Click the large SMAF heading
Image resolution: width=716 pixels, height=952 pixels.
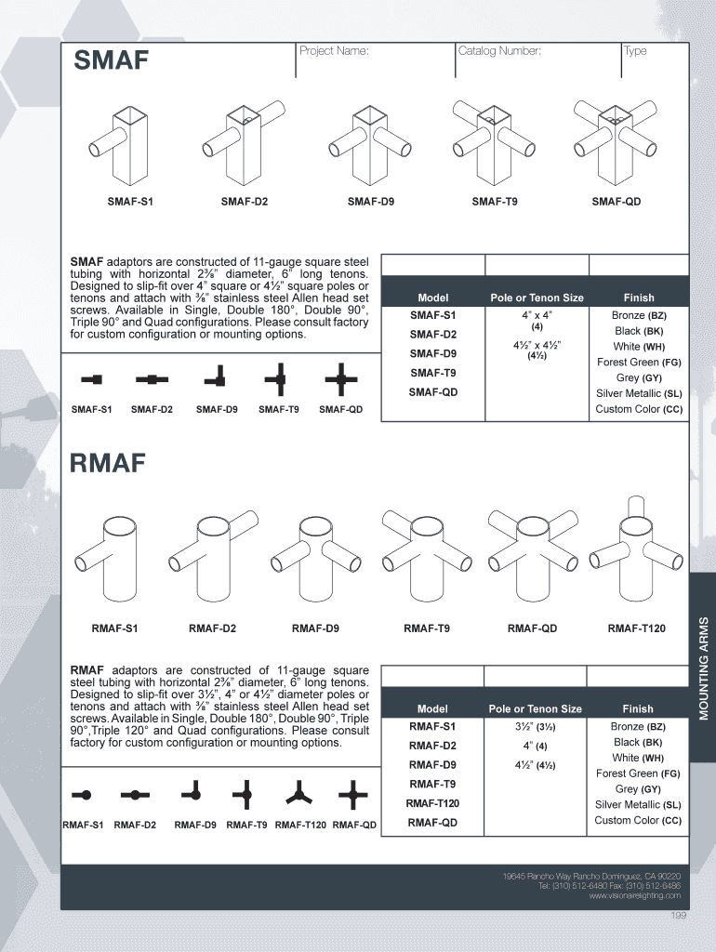[112, 61]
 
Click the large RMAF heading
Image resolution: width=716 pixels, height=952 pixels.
[109, 462]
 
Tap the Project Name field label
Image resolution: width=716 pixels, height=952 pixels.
[334, 51]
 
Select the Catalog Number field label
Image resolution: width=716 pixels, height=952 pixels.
[499, 51]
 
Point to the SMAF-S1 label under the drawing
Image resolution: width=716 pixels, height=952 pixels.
[130, 202]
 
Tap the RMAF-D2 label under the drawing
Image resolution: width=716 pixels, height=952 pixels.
[212, 628]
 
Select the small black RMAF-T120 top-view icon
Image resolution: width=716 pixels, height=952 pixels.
[299, 794]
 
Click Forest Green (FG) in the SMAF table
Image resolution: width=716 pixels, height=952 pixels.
[639, 362]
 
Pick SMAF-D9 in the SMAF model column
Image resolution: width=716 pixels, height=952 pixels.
[433, 353]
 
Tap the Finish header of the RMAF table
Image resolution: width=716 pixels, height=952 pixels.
[638, 708]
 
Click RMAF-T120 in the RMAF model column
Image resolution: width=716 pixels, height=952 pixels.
[432, 803]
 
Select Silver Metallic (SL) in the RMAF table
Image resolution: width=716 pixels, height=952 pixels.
[638, 804]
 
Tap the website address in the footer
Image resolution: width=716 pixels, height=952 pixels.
[634, 895]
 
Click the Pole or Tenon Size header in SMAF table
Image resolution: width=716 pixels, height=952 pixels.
[537, 297]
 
